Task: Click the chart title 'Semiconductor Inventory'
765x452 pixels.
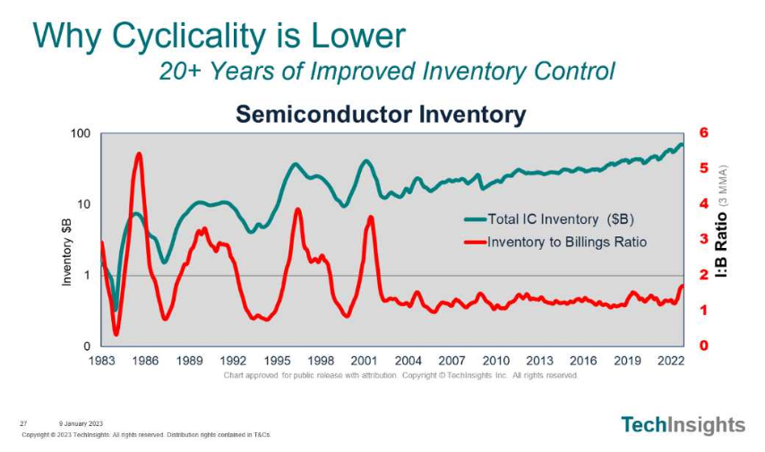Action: coord(380,115)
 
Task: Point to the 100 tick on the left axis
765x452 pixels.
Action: coord(81,133)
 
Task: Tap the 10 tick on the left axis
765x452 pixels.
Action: coord(83,204)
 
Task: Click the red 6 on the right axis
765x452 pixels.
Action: coord(703,132)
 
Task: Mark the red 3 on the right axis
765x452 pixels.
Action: coord(703,239)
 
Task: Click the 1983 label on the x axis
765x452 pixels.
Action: coord(101,361)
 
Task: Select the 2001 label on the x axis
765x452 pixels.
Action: coord(365,361)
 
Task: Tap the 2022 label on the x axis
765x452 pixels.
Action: coord(671,361)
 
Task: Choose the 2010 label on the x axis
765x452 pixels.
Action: coord(495,361)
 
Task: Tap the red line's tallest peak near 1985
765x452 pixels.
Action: coord(139,154)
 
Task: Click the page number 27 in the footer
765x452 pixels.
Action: coord(23,423)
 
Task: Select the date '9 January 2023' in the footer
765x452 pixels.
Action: coord(82,423)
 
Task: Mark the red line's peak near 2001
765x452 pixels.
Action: coord(370,217)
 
